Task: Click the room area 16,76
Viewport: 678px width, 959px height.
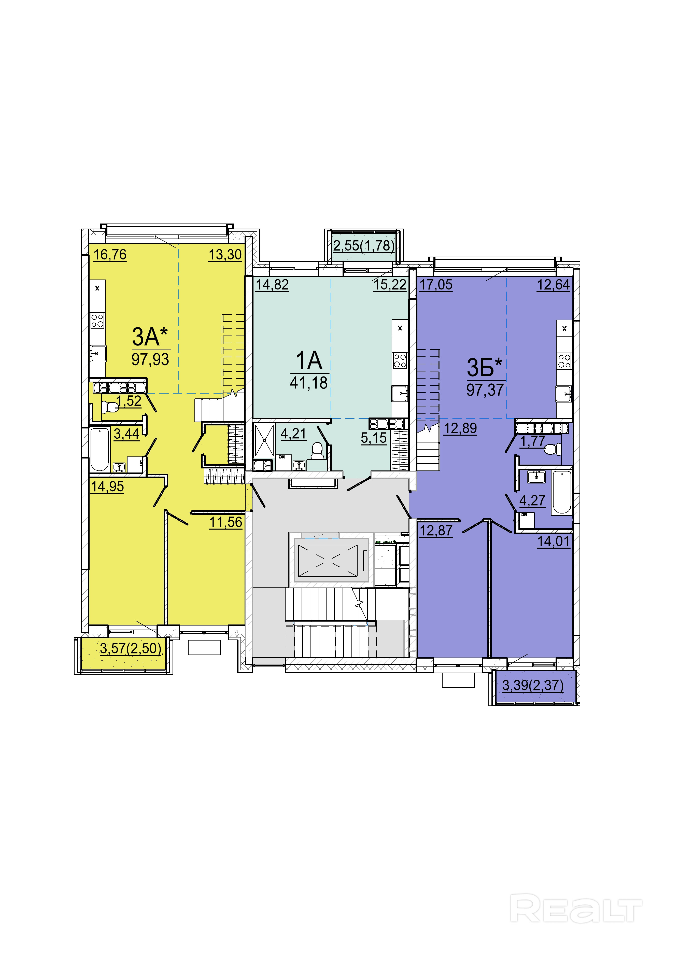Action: [110, 254]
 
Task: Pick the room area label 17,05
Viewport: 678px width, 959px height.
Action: [436, 284]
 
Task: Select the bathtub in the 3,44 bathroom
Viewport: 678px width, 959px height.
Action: [100, 449]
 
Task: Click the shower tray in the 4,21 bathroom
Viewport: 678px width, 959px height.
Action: [264, 440]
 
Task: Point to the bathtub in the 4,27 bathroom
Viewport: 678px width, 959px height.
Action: [561, 492]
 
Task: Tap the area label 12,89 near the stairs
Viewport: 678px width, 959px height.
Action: [460, 428]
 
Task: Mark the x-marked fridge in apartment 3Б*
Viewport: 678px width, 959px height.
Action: [564, 328]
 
